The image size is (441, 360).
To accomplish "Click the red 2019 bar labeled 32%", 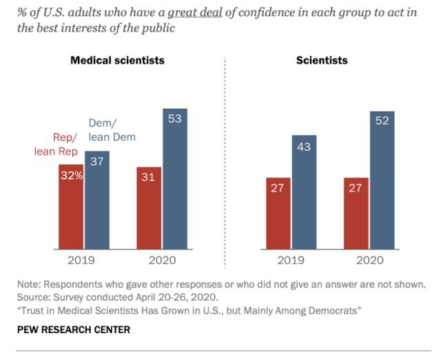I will point(71,207).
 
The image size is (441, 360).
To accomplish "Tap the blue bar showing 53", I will point(175,179).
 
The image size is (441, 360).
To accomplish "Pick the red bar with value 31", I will point(149,208).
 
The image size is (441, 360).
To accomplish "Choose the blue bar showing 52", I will point(382,180).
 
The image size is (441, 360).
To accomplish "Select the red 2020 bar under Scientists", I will point(356,213).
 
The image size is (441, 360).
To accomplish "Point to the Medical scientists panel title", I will point(118,61).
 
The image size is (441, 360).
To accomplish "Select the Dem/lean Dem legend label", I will point(112,129).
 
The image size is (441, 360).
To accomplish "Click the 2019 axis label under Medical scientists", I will point(84,261).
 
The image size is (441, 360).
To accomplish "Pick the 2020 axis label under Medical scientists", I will point(162,261).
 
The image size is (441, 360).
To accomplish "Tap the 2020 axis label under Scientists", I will point(369,261).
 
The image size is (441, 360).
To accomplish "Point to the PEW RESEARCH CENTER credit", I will point(74,330).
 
